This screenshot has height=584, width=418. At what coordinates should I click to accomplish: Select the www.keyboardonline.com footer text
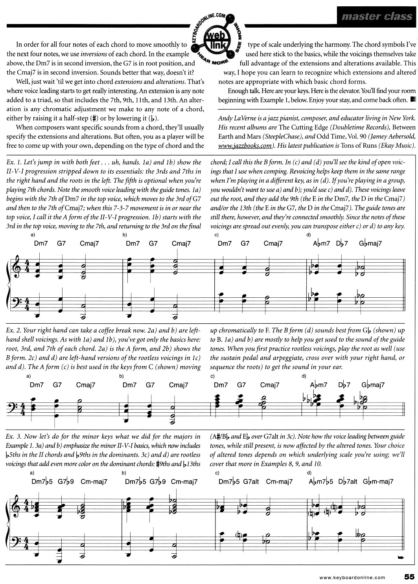(x=352, y=577)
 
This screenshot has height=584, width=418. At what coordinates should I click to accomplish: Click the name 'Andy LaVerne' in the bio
(x=236, y=107)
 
